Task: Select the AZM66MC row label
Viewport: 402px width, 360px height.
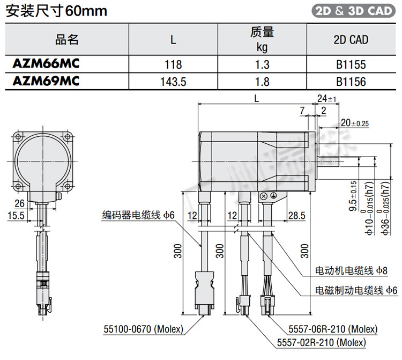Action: [46, 64]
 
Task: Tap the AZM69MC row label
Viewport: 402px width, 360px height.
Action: [46, 81]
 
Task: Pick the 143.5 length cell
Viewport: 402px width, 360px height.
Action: [173, 82]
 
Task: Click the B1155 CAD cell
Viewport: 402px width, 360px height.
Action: [351, 64]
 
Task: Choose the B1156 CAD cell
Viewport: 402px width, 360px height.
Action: [351, 82]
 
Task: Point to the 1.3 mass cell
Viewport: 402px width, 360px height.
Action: [262, 64]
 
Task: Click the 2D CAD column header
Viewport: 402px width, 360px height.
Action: [351, 40]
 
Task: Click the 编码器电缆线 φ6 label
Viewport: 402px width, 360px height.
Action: [139, 215]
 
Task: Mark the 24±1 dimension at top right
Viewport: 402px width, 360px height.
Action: [326, 99]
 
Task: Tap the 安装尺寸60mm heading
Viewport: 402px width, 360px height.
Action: [56, 10]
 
